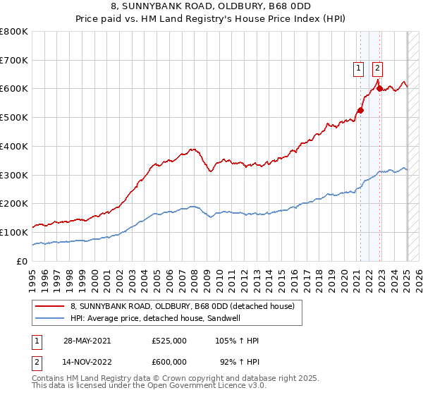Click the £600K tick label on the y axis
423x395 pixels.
(14, 89)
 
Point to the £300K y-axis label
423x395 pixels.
(14, 175)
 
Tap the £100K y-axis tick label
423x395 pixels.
(14, 232)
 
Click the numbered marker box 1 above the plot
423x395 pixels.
(359, 68)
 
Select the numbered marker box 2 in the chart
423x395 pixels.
(378, 68)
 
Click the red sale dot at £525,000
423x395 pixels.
(360, 110)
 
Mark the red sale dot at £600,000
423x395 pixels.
(379, 89)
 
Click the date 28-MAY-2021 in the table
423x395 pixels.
(86, 341)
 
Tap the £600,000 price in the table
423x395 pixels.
(169, 361)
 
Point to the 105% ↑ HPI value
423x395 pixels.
(238, 341)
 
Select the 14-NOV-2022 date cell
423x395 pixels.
(86, 361)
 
